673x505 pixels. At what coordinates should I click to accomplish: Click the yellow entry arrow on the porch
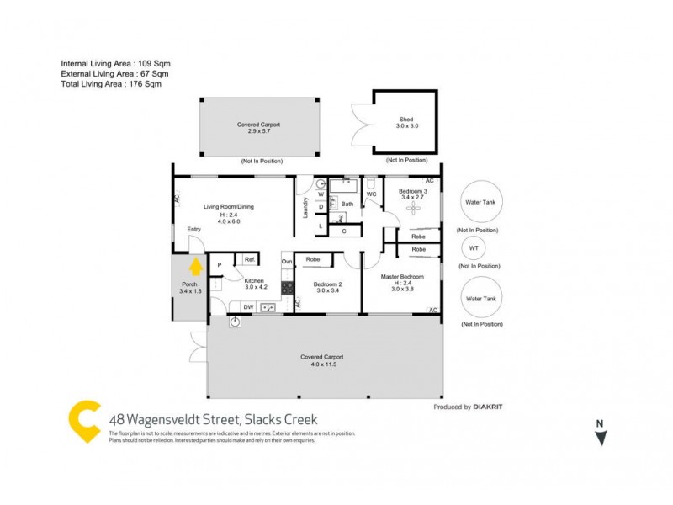(195, 268)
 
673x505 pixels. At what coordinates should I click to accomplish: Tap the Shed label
(407, 119)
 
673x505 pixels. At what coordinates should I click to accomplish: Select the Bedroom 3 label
(412, 193)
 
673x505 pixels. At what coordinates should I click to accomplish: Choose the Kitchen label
(255, 280)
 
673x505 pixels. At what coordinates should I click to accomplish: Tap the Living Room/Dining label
(229, 206)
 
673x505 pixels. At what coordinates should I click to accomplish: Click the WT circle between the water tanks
(474, 248)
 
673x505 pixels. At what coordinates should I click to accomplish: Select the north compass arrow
(600, 437)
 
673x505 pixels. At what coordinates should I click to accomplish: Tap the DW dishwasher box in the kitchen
(247, 307)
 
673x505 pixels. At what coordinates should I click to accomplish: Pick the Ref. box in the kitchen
(250, 260)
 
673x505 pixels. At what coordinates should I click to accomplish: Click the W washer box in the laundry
(321, 194)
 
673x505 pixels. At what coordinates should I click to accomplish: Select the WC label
(371, 195)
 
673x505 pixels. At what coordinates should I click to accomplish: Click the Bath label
(347, 204)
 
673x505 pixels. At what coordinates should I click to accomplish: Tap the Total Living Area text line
(110, 84)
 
